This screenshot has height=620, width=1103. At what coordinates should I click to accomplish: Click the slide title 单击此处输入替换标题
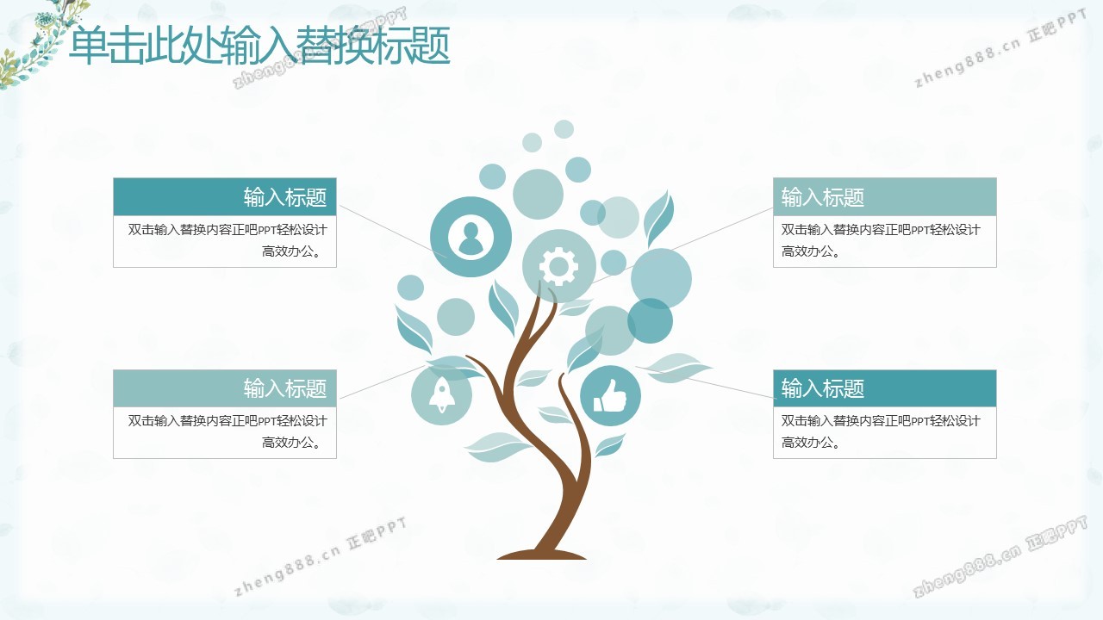(x=259, y=46)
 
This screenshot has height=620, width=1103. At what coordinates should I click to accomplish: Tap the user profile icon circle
(x=470, y=237)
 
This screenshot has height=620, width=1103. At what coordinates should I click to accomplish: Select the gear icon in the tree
(x=558, y=266)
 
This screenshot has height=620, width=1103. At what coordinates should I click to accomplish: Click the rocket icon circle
(x=442, y=395)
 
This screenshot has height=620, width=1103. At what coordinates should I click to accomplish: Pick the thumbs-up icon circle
(x=610, y=395)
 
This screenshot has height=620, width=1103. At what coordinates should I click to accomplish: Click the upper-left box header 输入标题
(x=285, y=197)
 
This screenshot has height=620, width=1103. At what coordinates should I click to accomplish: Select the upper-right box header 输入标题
(x=822, y=197)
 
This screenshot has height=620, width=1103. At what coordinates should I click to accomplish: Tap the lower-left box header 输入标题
(x=285, y=388)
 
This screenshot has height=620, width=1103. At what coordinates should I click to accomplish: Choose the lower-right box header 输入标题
(x=822, y=388)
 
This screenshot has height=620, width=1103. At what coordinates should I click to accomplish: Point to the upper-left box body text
(x=227, y=240)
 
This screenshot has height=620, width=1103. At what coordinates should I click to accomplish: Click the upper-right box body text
(x=881, y=240)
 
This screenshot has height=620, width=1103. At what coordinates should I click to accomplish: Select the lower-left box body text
(x=227, y=431)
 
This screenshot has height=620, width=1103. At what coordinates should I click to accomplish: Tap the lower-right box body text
(x=881, y=431)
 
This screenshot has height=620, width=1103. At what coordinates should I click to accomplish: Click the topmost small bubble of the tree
(x=564, y=129)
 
